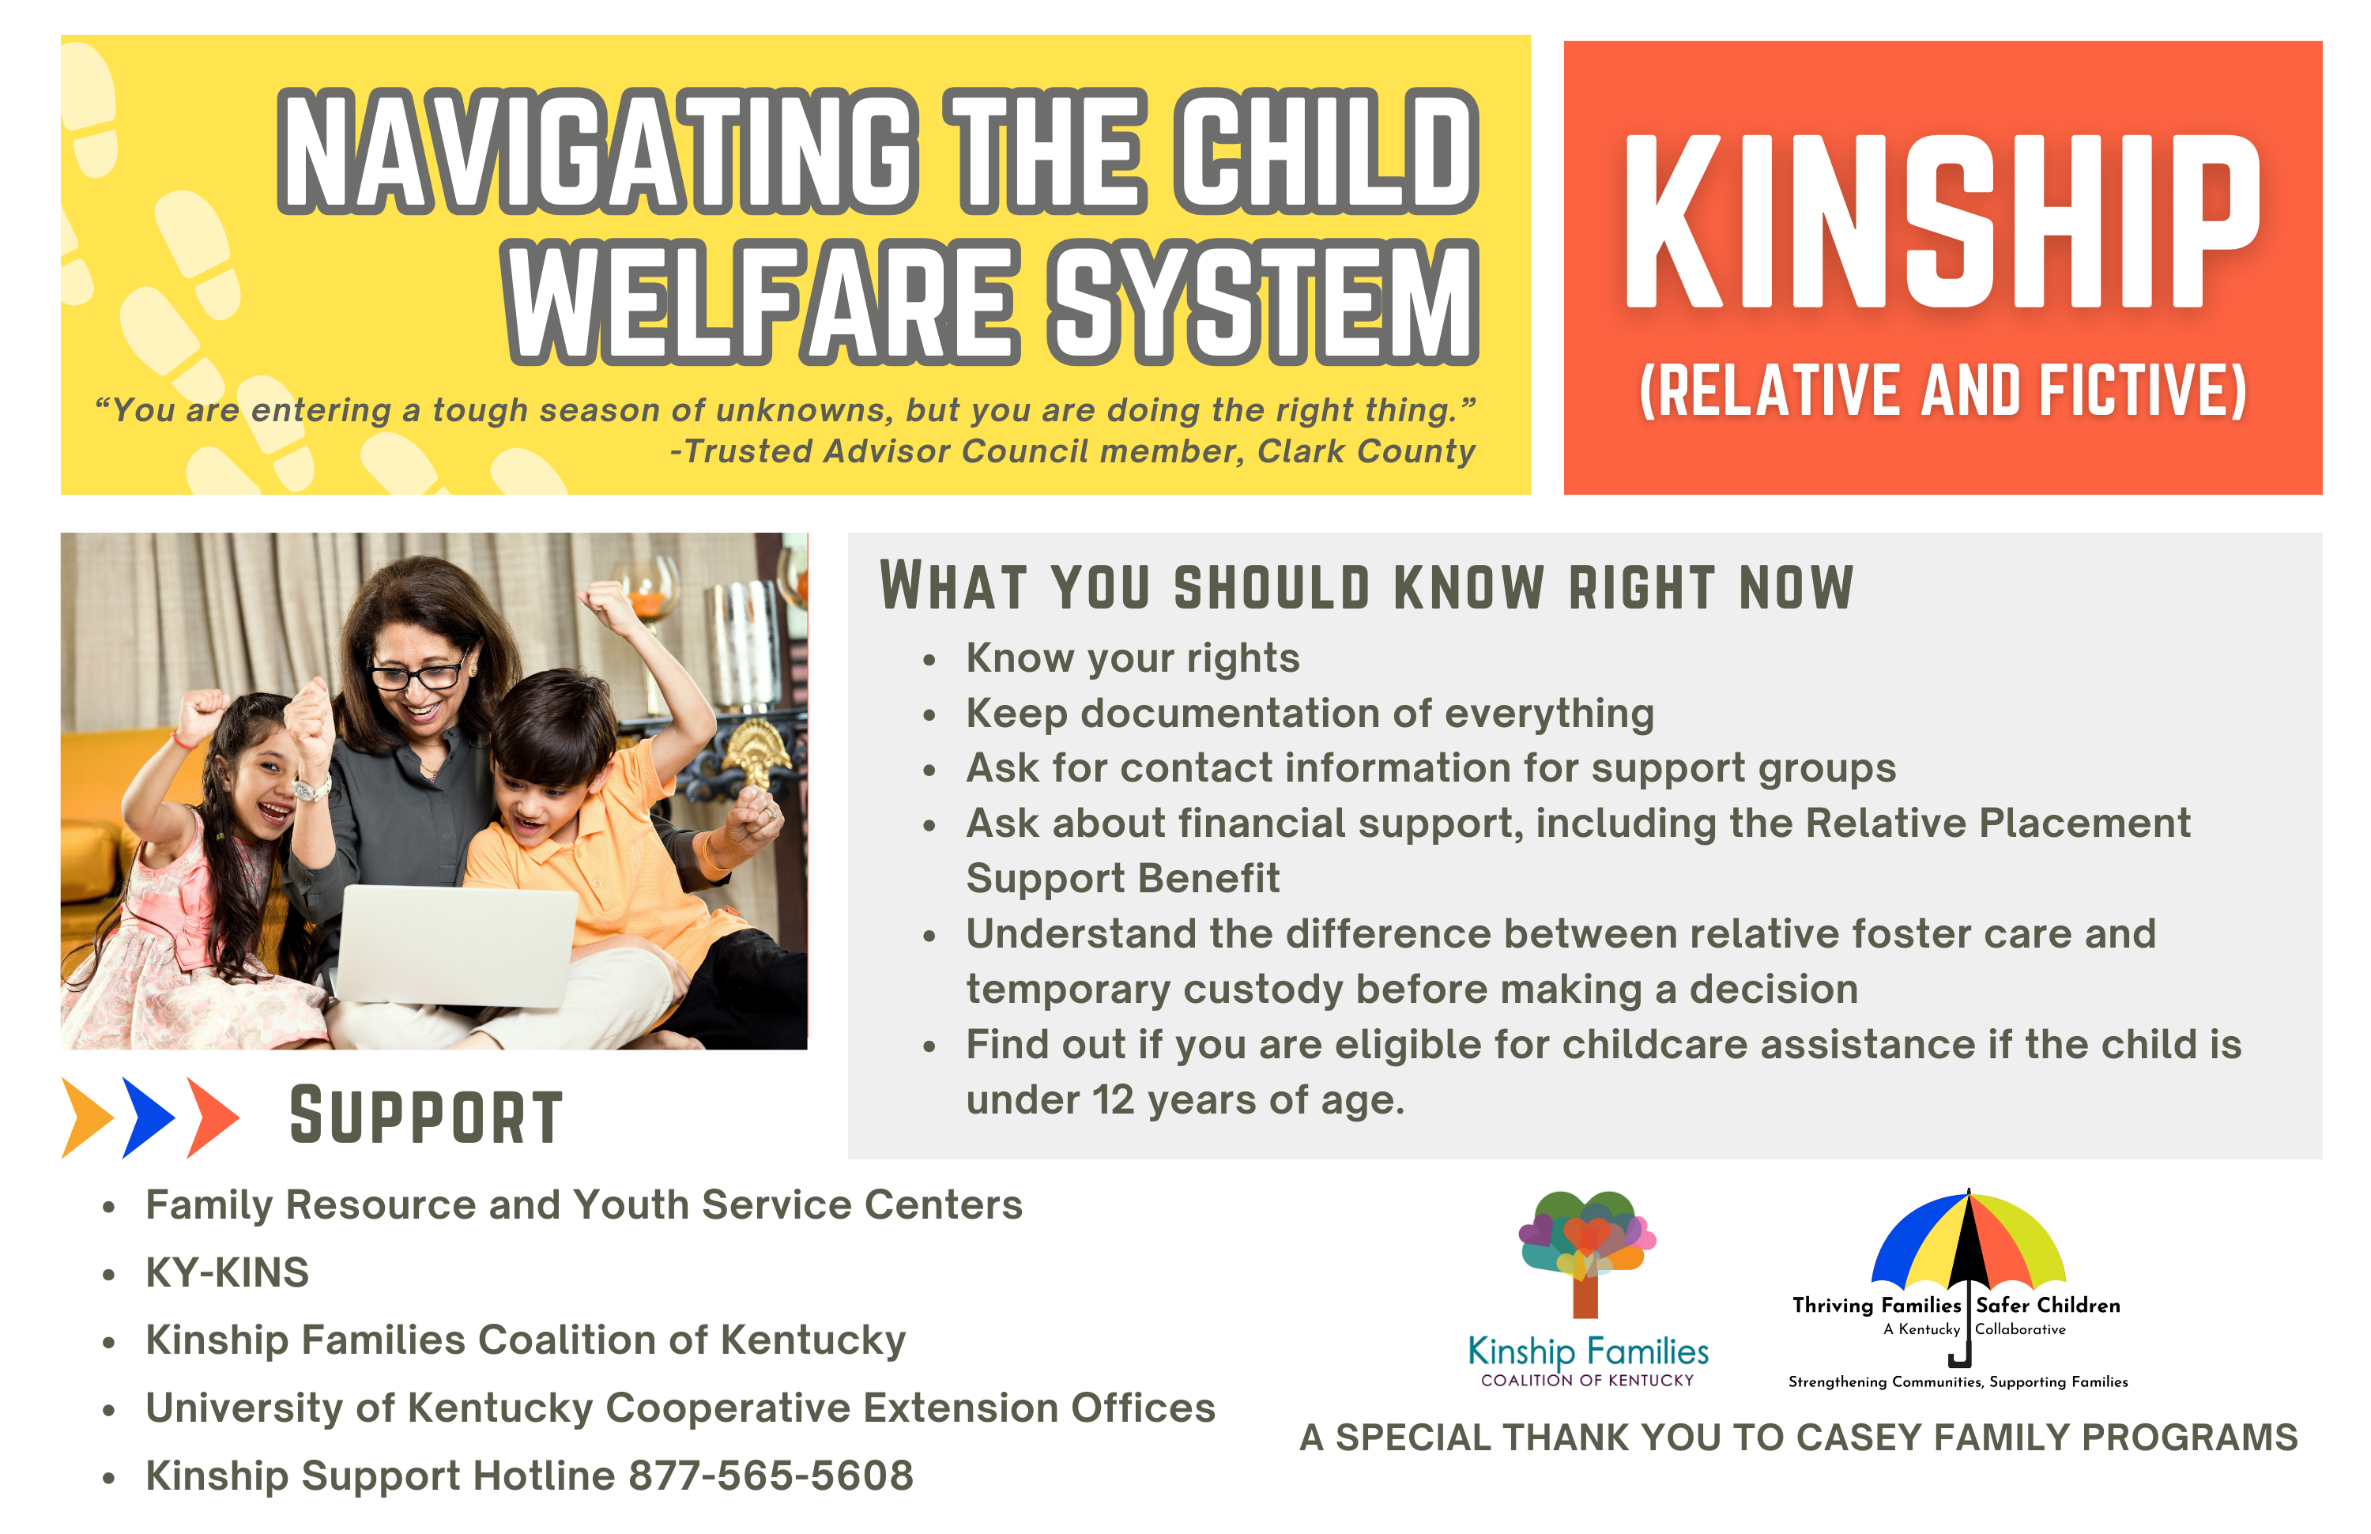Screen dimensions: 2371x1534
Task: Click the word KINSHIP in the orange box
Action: click(1942, 220)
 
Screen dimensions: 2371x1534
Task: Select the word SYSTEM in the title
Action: click(1263, 302)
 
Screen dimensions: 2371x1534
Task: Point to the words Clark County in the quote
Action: click(1366, 451)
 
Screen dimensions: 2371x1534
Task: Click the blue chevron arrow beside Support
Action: click(149, 1117)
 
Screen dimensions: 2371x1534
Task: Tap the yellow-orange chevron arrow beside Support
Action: click(88, 1117)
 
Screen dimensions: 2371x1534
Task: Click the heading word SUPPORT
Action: click(426, 1116)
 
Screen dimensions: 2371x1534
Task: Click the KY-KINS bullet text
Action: click(227, 1272)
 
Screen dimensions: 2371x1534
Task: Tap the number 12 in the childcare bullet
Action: click(1113, 1099)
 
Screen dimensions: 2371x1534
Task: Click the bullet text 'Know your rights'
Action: click(1133, 658)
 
